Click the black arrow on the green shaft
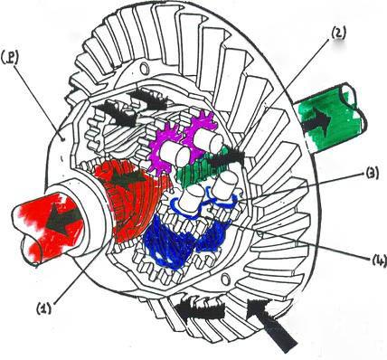tap(316, 120)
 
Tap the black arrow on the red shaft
tap(64, 219)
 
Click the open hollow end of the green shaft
tap(354, 101)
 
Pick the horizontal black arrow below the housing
tap(200, 310)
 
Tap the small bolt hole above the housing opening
tap(144, 69)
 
